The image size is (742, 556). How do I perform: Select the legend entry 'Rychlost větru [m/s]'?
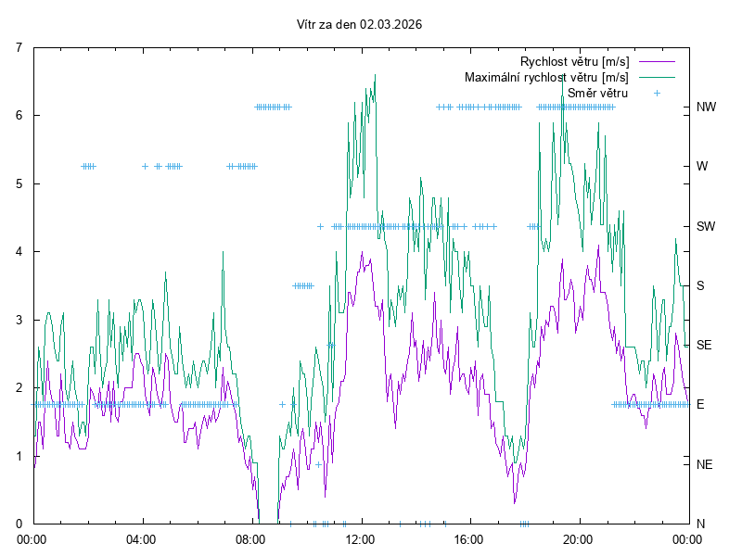point(574,62)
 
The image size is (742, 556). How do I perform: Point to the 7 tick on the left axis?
point(19,47)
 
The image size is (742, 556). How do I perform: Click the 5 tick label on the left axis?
point(19,183)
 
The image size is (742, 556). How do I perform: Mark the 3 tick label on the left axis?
point(19,320)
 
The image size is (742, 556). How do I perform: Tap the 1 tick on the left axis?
point(19,456)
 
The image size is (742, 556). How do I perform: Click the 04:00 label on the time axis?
point(142,537)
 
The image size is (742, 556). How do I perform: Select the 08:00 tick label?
point(251,537)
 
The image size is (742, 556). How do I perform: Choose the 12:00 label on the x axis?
point(360,537)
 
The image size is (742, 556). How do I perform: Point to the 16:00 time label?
point(469,537)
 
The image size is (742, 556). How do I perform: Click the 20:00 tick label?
point(579,537)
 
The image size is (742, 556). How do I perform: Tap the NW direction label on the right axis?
point(706,107)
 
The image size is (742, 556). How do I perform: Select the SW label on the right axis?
point(706,226)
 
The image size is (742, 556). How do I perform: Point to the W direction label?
point(702,167)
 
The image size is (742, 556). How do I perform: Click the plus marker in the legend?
point(657,93)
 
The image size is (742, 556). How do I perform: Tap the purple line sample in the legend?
point(656,62)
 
